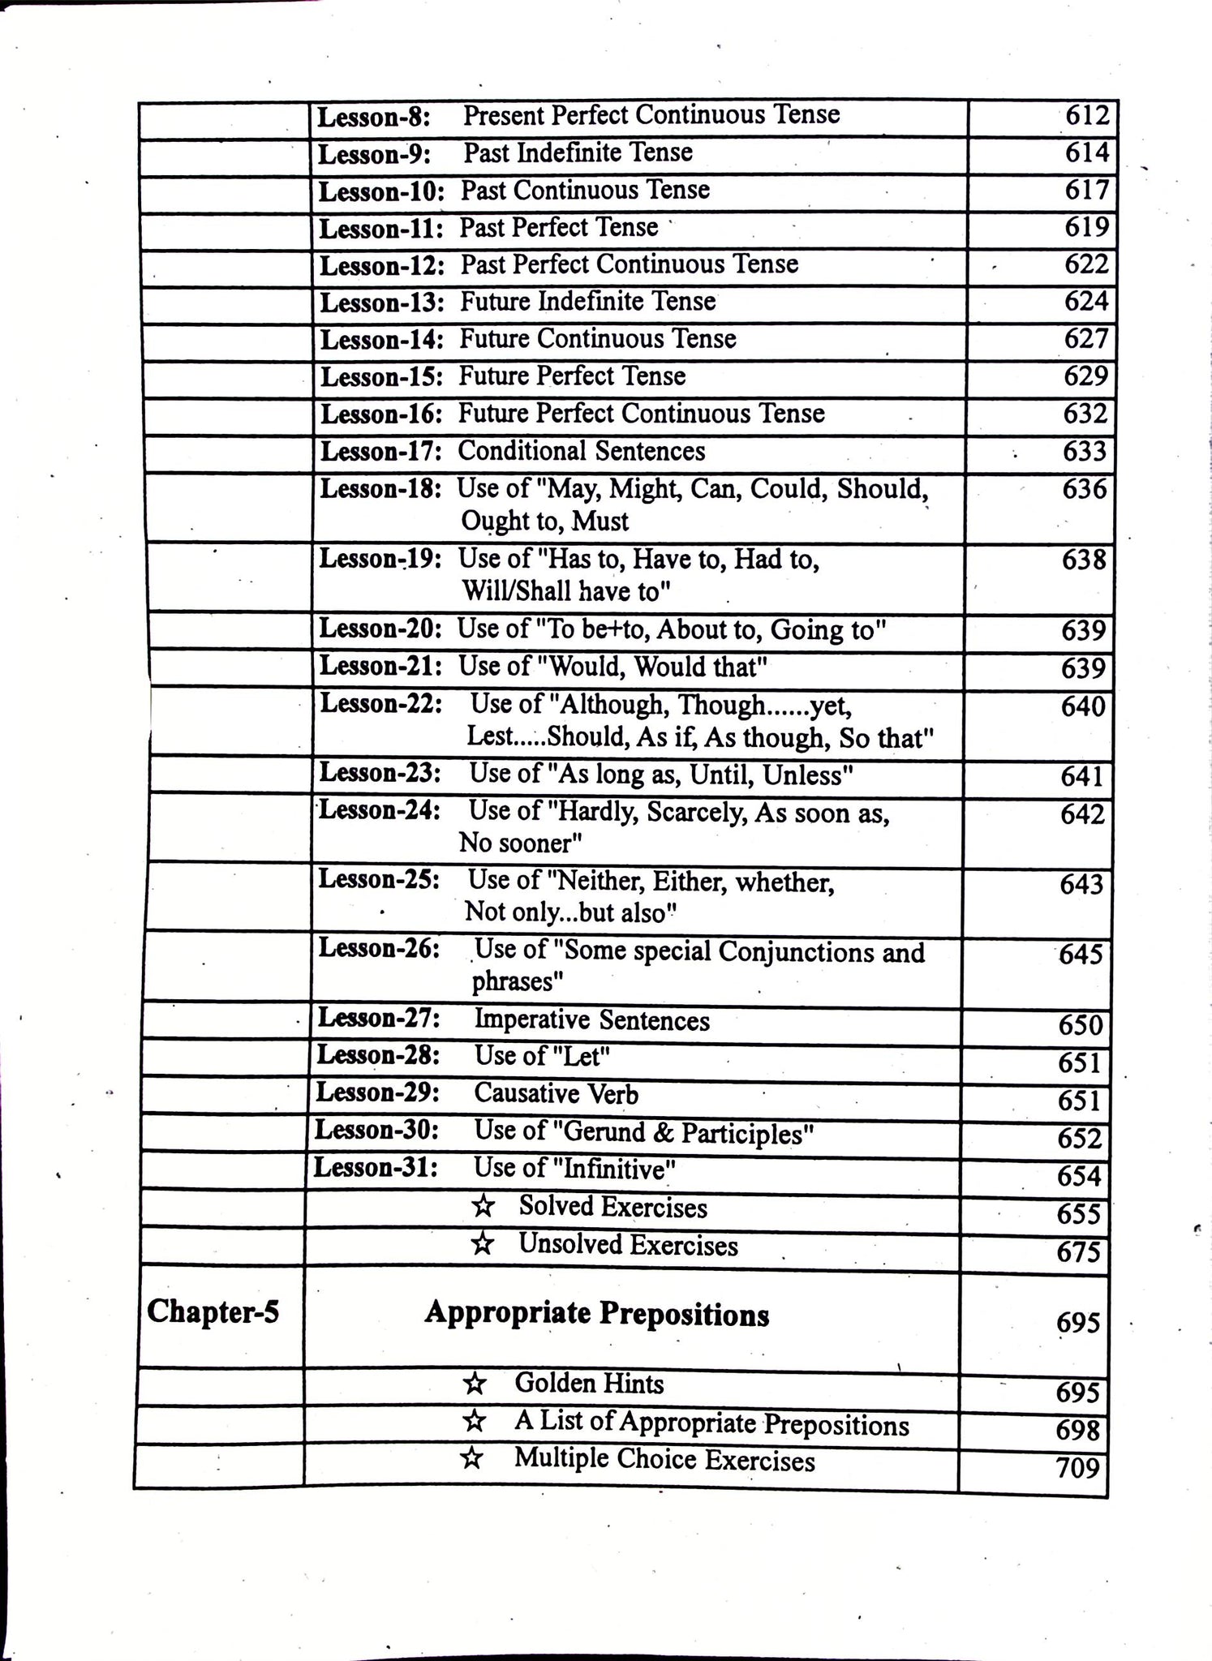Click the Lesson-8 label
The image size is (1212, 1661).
(373, 118)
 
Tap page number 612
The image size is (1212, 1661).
(1086, 115)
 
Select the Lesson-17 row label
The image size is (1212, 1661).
(381, 452)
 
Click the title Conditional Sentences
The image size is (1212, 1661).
(581, 451)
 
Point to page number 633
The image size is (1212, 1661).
(1085, 452)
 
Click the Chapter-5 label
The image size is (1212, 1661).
(213, 1311)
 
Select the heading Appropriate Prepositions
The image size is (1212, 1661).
(596, 1313)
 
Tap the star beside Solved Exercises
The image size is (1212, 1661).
(483, 1207)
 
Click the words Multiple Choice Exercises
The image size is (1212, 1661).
(664, 1459)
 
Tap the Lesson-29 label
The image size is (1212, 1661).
(377, 1092)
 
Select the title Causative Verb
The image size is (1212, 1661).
(556, 1093)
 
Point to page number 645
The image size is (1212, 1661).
(1081, 955)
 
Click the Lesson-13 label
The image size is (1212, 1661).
(381, 303)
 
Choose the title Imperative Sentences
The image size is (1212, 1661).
(591, 1019)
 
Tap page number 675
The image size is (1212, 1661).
(1078, 1252)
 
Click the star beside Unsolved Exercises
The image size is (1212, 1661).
(482, 1244)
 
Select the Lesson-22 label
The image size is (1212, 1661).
(380, 703)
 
